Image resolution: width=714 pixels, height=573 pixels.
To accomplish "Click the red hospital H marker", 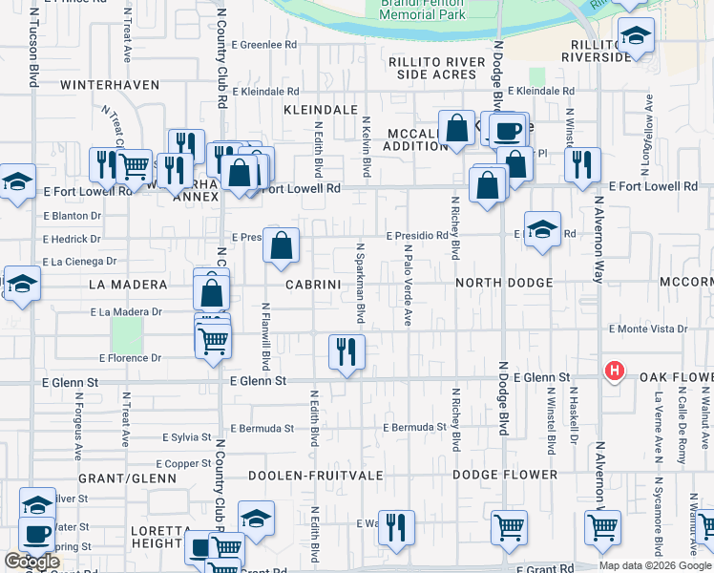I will tap(616, 371).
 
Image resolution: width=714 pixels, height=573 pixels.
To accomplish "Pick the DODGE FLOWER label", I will tap(505, 475).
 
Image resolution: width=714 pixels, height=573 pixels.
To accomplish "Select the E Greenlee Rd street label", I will tap(264, 45).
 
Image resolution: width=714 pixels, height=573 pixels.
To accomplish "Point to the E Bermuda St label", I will tap(414, 427).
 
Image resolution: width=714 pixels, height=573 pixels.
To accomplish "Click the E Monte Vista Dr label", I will tap(649, 329).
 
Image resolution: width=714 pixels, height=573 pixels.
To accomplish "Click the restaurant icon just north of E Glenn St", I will tap(346, 351).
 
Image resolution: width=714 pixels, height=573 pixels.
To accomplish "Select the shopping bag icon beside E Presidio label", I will tap(282, 246).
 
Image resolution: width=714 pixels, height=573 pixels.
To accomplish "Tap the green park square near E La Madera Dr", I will tap(126, 334).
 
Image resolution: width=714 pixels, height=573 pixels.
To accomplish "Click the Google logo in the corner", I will tap(31, 562).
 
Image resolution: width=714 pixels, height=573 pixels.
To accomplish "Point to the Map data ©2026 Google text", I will tap(655, 565).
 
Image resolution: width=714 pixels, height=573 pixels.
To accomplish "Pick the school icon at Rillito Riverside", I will tap(636, 36).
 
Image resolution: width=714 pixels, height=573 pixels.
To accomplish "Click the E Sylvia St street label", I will tap(187, 437).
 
